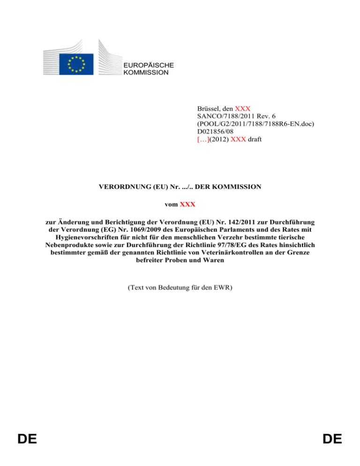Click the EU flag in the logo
pos(76,64)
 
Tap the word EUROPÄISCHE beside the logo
pos(148,65)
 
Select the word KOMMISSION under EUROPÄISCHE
pos(145,73)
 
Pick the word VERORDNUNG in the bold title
pos(122,187)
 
